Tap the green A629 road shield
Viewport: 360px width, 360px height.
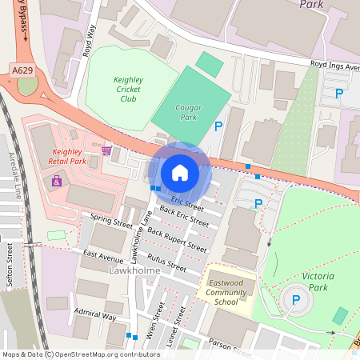22,71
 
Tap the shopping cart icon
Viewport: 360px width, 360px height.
106,150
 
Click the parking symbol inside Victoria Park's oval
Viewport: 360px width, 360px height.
295,300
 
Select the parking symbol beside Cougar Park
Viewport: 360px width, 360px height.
218,126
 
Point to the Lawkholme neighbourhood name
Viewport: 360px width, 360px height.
134,271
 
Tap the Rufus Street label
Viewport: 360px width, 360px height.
167,263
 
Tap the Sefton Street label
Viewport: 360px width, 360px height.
10,265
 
